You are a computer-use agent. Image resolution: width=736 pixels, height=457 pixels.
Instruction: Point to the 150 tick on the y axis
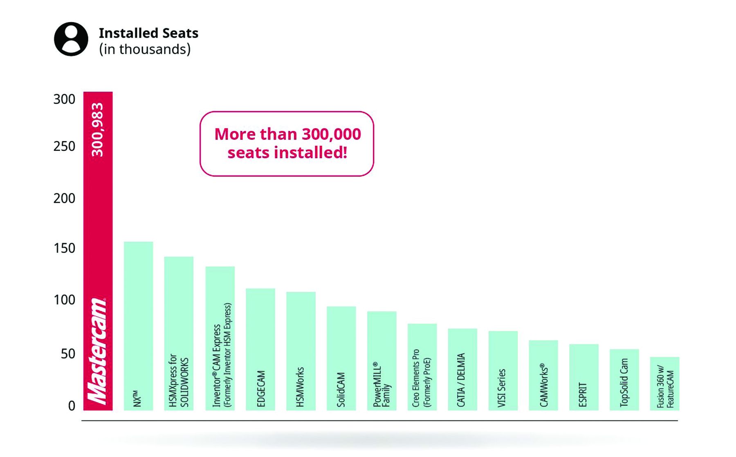pyautogui.click(x=64, y=249)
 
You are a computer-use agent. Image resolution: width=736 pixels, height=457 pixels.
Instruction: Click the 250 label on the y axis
pyautogui.click(x=64, y=146)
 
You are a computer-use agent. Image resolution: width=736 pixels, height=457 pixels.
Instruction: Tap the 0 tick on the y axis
pyautogui.click(x=72, y=406)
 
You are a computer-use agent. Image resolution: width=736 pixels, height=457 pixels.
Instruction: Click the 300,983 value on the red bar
pyautogui.click(x=98, y=130)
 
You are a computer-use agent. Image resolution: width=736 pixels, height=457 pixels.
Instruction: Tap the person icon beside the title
pyautogui.click(x=71, y=39)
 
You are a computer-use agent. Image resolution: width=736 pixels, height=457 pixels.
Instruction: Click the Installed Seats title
pyautogui.click(x=148, y=33)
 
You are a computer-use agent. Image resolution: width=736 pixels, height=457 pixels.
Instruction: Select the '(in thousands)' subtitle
pyautogui.click(x=145, y=49)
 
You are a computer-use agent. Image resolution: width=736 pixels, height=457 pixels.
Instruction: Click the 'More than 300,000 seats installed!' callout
pyautogui.click(x=287, y=143)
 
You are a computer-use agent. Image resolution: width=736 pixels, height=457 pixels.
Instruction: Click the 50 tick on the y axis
pyautogui.click(x=68, y=354)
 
